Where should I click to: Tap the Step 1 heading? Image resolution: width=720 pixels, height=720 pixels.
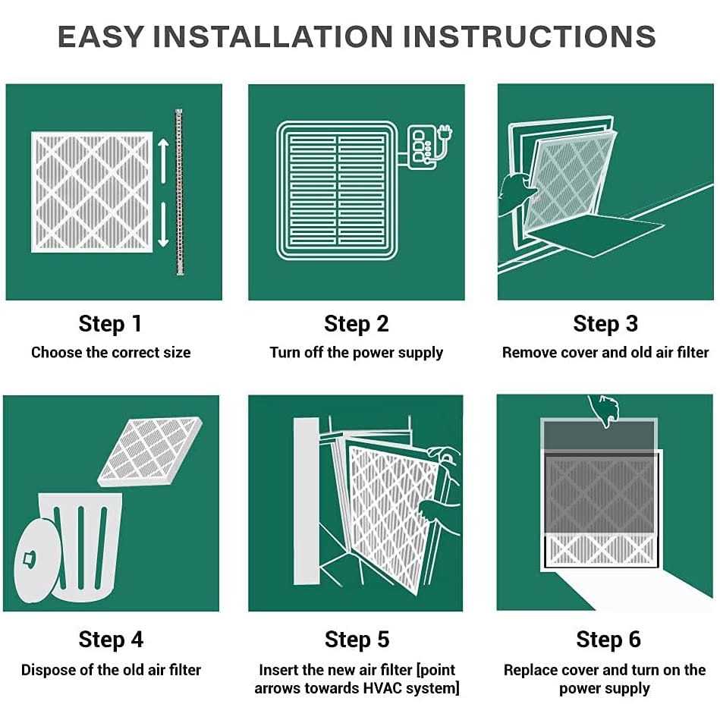click(111, 324)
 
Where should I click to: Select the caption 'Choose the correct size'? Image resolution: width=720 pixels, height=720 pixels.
click(111, 353)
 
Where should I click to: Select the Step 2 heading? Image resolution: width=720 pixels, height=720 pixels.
click(357, 324)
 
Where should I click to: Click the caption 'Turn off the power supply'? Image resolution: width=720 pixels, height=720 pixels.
click(357, 353)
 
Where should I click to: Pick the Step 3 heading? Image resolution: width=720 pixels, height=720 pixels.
click(605, 324)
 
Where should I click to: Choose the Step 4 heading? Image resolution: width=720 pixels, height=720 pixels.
click(111, 640)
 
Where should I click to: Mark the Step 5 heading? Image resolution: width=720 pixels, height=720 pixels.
click(357, 640)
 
